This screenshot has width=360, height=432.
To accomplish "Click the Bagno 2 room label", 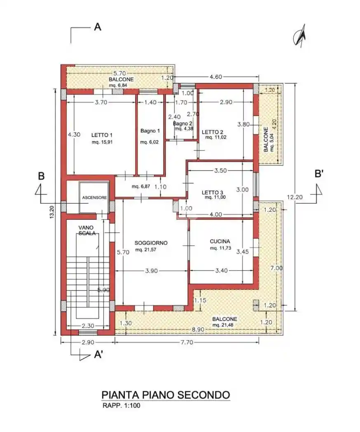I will coord(182,123).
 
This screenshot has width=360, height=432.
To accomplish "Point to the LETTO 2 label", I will coord(213,132).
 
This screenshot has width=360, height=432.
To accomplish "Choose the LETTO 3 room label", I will coord(213,192).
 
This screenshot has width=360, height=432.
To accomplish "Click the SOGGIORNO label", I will coord(151,243).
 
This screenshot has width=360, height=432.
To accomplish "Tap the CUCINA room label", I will coord(220,242).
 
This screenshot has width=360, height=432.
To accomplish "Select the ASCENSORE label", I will coord(94,197).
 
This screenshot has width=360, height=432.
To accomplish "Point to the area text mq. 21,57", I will coord(146,249).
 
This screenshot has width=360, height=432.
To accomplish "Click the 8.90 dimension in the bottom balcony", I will coord(198,330).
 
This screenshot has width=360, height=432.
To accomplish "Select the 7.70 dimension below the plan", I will coord(186,342).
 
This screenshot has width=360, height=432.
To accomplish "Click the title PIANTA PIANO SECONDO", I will coord(166,395).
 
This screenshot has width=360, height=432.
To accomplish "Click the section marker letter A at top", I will coord(98,27).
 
